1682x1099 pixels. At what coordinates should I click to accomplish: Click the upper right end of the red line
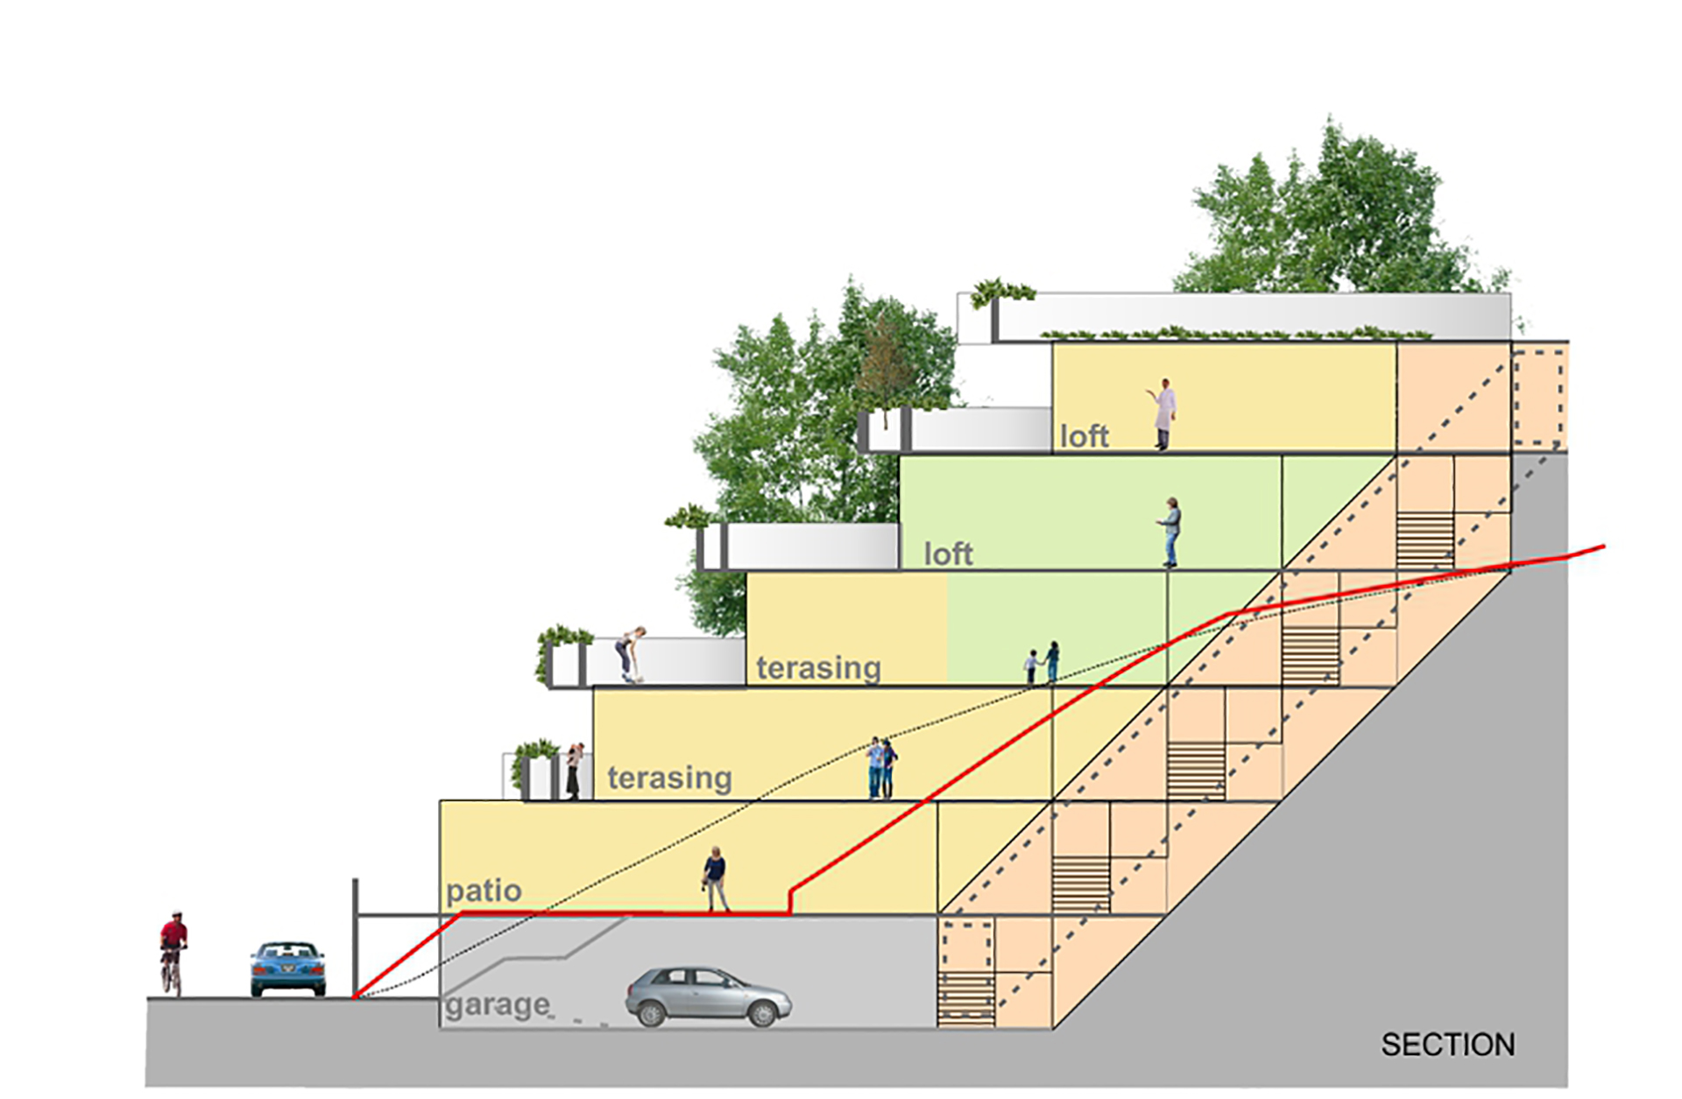(x=1604, y=547)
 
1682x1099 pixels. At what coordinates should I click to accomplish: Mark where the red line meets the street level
(x=354, y=997)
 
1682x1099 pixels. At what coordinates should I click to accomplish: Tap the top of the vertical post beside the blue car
(x=355, y=879)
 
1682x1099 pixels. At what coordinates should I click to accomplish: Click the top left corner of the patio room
(x=440, y=801)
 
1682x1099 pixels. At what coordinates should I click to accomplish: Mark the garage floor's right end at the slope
(x=1052, y=1028)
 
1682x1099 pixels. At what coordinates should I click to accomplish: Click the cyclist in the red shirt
(x=173, y=953)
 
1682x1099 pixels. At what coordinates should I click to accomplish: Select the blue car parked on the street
(x=287, y=969)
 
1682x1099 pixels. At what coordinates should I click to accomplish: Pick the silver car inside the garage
(x=708, y=997)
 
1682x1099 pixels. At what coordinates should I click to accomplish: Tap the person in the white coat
(x=1163, y=414)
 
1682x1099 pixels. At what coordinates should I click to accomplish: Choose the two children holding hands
(x=1042, y=663)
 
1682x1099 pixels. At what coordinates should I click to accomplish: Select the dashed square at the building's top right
(x=1538, y=398)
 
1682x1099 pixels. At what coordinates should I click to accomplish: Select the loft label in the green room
(x=948, y=554)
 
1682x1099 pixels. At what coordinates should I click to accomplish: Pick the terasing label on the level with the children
(x=818, y=668)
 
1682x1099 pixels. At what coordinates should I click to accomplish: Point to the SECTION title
(x=1448, y=1045)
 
